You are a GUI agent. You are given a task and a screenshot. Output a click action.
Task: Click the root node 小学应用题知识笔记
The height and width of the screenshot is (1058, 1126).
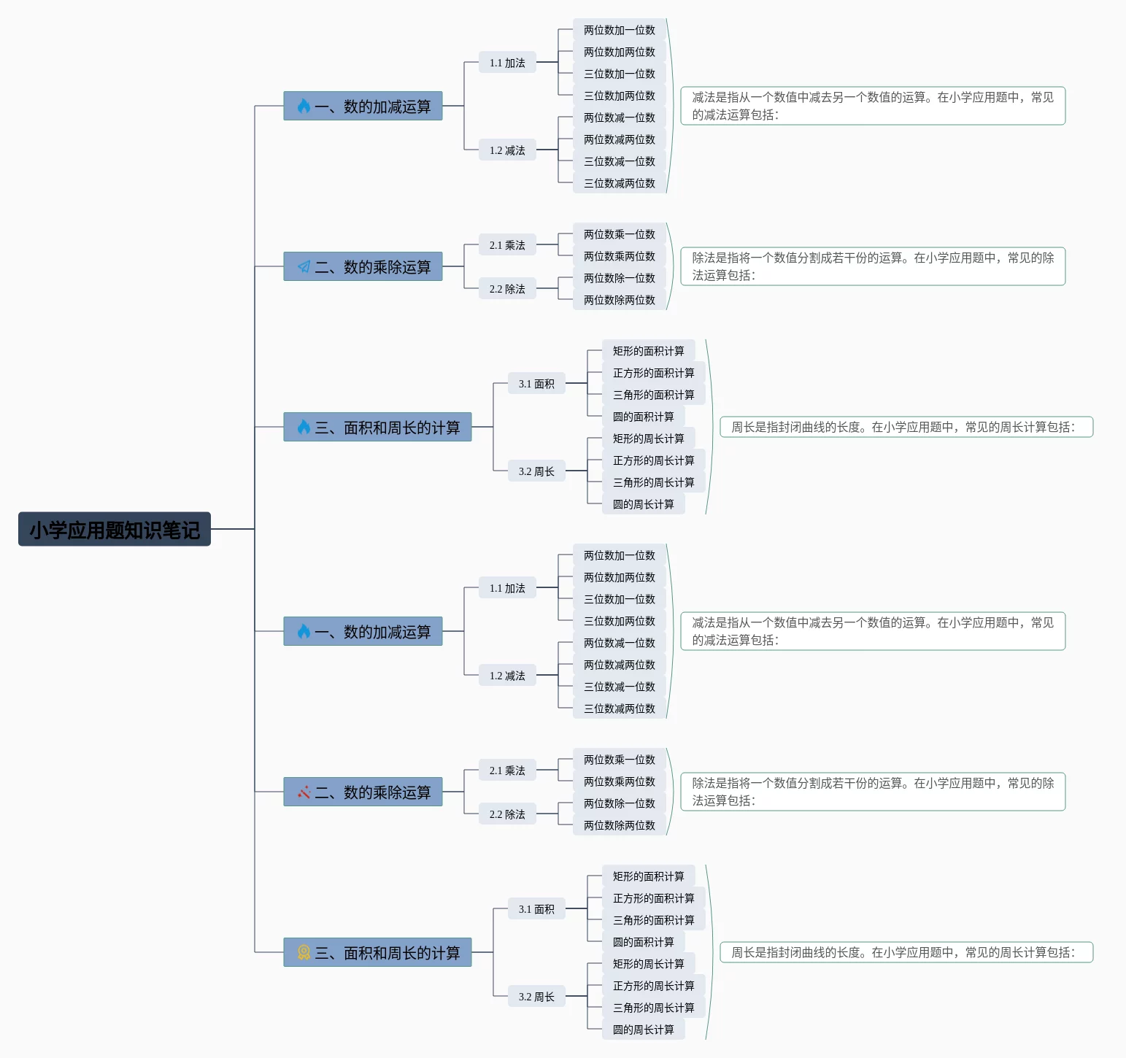click(x=115, y=529)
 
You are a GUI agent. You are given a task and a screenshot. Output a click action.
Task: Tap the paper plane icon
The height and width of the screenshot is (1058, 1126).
click(x=304, y=267)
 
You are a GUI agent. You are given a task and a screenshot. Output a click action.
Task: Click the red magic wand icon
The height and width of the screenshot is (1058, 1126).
click(x=304, y=792)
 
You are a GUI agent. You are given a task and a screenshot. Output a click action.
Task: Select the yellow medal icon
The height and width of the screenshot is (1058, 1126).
click(x=304, y=952)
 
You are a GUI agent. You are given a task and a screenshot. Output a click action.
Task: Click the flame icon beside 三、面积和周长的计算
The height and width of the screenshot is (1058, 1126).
click(x=304, y=427)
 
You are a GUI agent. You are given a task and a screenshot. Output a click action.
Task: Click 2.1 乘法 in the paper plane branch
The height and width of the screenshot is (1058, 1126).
click(x=507, y=245)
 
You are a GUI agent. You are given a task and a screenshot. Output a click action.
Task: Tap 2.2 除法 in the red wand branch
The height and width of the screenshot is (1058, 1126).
click(x=507, y=814)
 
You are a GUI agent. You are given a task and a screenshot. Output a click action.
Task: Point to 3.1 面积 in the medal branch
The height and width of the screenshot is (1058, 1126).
click(x=536, y=909)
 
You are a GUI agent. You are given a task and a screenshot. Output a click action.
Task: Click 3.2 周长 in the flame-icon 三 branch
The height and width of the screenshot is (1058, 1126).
click(x=536, y=471)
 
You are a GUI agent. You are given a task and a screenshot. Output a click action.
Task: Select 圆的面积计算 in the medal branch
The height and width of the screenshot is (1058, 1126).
click(x=643, y=942)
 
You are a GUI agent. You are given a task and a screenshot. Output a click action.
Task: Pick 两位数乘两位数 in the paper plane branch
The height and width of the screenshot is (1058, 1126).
click(x=619, y=256)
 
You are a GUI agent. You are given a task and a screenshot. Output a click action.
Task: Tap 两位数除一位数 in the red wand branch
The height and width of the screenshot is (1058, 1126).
click(x=619, y=803)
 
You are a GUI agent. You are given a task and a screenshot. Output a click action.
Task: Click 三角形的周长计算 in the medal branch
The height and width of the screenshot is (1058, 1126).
click(x=653, y=1008)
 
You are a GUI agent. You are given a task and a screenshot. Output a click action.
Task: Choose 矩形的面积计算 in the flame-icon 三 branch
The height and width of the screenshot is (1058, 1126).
click(x=648, y=351)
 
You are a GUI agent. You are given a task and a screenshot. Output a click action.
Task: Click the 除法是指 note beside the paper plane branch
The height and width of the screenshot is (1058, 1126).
click(x=873, y=266)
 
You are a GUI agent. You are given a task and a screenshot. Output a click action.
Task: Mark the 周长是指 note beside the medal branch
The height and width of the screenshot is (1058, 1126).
click(x=906, y=952)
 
